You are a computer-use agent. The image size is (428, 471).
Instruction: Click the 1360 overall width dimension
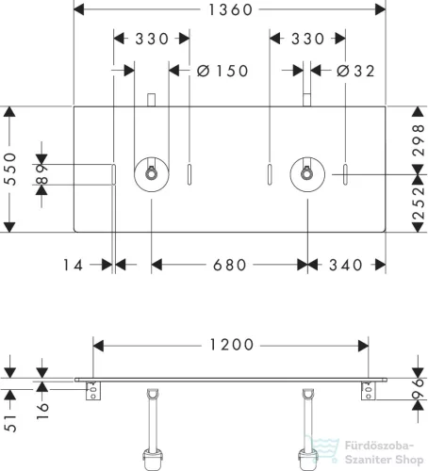pos(230,9)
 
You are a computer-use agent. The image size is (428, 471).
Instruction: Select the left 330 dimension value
pos(152,40)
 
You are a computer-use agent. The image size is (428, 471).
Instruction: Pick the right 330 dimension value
pos(307,40)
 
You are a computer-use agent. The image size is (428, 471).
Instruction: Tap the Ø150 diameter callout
pos(222,71)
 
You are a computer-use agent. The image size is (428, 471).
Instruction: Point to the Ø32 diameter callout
pos(355,71)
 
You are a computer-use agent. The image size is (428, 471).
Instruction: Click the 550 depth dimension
pos(10,169)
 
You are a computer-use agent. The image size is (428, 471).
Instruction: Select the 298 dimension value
pos(419,140)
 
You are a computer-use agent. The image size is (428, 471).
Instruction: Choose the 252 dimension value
pos(419,203)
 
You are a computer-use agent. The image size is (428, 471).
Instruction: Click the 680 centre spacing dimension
pos(229,265)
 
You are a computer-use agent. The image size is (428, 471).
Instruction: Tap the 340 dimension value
pos(345,265)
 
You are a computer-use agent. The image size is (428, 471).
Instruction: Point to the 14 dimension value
pos(73,265)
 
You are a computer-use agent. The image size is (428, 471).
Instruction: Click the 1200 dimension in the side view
pos(231,345)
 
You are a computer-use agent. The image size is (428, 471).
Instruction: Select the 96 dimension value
pos(419,389)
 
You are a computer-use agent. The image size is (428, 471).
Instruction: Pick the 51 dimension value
pos(10,423)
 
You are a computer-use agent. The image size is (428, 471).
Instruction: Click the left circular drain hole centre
pos(152,174)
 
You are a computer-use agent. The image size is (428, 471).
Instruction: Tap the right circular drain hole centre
pos(307,174)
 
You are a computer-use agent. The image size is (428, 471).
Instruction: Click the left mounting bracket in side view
pos(93,391)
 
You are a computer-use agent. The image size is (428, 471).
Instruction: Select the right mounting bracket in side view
pos(369,391)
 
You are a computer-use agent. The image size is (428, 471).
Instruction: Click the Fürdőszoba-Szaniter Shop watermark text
pos(384,452)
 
